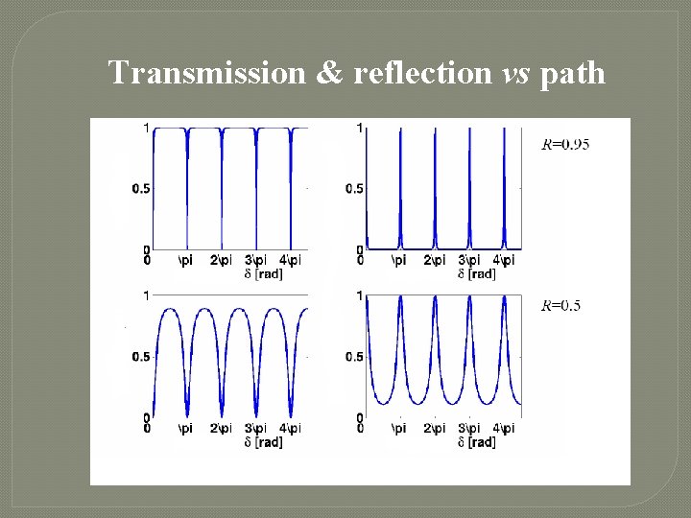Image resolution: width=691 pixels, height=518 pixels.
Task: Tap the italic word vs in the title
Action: point(516,72)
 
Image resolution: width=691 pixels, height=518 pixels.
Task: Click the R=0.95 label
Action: point(566,145)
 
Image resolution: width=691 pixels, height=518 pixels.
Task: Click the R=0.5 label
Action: point(561,306)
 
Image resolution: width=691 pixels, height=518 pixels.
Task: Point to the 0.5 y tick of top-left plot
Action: point(140,188)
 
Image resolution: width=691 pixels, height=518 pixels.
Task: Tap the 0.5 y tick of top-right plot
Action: point(354,188)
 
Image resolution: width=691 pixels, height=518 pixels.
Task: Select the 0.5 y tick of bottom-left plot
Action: point(140,357)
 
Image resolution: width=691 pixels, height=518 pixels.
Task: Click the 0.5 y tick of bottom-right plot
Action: point(354,357)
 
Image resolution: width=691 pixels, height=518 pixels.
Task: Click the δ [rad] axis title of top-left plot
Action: point(263,274)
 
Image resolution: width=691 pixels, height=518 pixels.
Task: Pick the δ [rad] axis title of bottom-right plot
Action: point(477,442)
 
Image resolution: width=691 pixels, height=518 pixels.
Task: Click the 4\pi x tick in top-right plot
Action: point(505,260)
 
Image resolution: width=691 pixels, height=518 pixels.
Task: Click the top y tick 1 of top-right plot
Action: point(359,128)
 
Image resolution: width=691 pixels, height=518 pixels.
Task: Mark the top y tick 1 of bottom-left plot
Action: point(145,295)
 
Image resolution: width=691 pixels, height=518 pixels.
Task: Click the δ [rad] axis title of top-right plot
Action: point(477,274)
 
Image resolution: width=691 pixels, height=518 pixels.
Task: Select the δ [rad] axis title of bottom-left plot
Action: point(263,442)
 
